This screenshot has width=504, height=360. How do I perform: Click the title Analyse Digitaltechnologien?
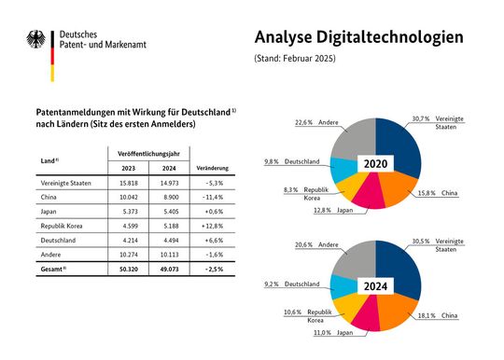(x=358, y=37)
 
